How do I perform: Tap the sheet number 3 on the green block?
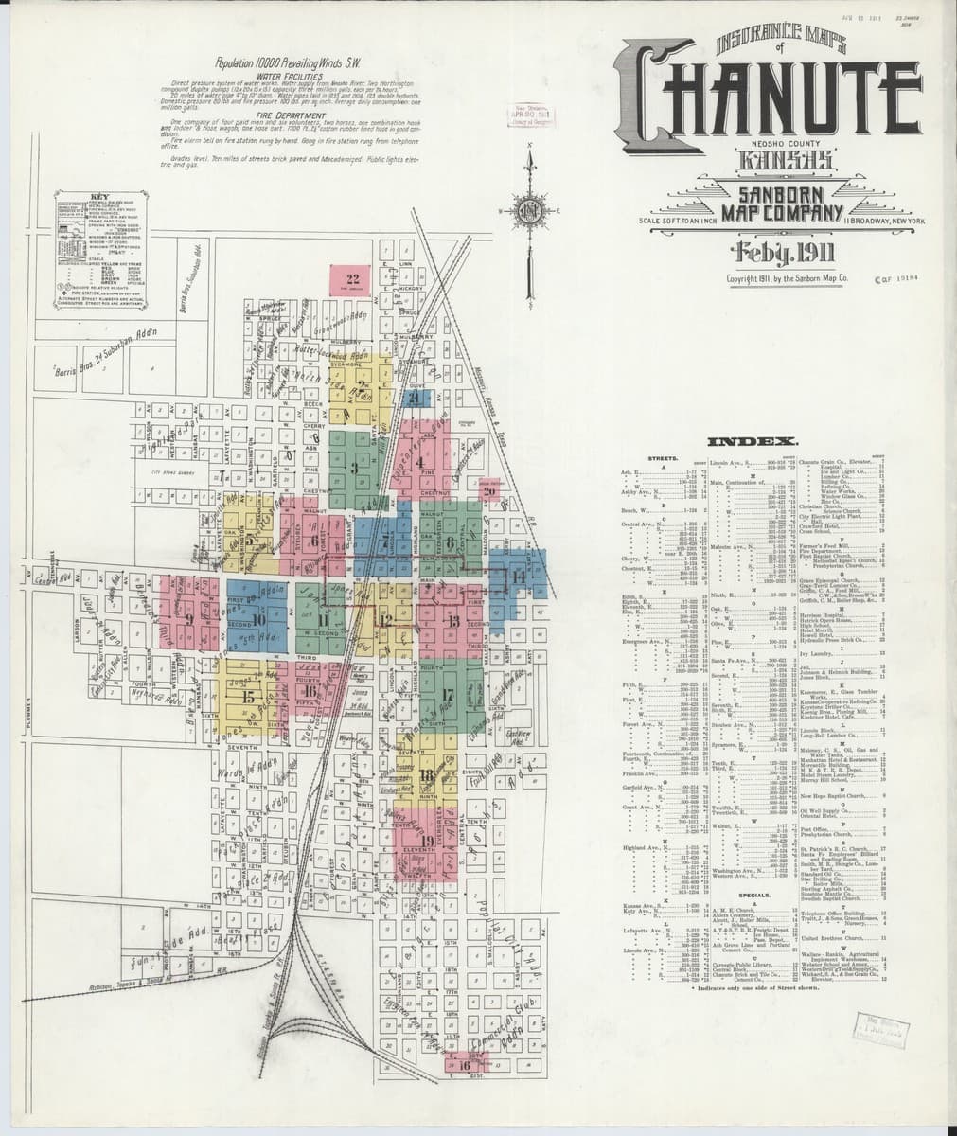coord(354,467)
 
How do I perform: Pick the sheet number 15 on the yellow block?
coord(249,697)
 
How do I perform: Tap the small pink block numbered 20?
coord(489,491)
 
